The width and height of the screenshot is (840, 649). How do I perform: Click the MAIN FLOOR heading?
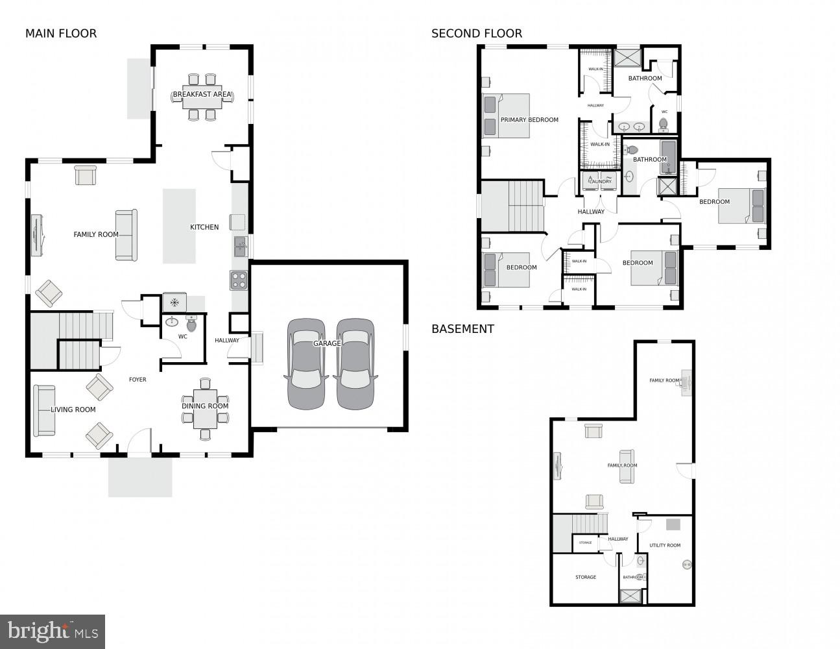61,34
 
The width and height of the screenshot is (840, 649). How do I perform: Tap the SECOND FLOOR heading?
477,34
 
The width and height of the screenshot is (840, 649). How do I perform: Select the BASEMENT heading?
462,329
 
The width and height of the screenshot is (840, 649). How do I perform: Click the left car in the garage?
306,363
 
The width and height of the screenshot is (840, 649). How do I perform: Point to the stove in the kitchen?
239,280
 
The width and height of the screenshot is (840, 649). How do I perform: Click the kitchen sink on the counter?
240,246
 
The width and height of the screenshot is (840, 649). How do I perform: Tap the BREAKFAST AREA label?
202,95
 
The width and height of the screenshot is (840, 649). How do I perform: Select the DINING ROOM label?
205,406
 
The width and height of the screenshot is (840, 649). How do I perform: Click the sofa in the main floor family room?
126,235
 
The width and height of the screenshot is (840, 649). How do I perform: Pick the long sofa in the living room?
44,410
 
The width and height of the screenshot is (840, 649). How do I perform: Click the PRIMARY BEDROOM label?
529,120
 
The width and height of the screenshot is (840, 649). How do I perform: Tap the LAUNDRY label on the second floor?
600,182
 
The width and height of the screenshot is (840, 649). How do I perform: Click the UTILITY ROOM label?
665,545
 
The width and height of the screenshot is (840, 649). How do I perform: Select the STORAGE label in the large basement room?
585,577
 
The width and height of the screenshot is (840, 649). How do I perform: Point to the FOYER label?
138,380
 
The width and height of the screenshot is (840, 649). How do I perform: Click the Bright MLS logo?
53,631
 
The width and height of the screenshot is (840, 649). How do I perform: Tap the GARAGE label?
327,343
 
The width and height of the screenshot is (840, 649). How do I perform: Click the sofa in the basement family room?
627,466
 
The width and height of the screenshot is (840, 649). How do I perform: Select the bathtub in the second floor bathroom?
668,157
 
